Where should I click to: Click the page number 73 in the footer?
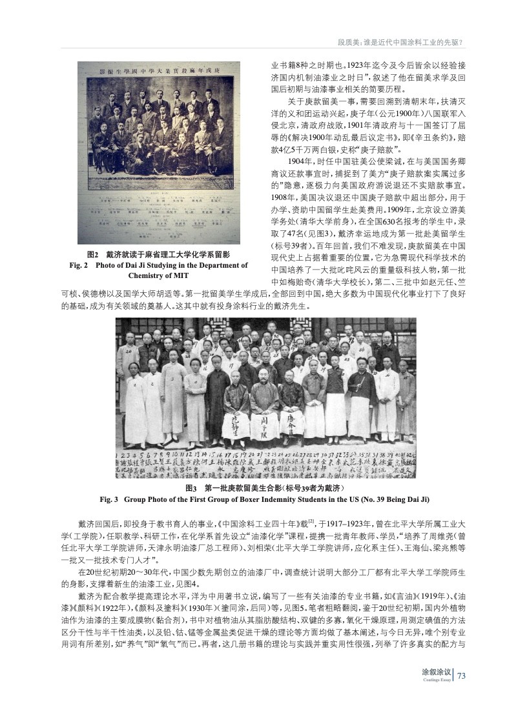(x=462, y=675)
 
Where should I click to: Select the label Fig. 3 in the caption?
(x=112, y=499)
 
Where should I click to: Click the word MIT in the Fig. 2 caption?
(x=178, y=275)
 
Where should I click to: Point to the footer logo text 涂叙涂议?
(x=436, y=672)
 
